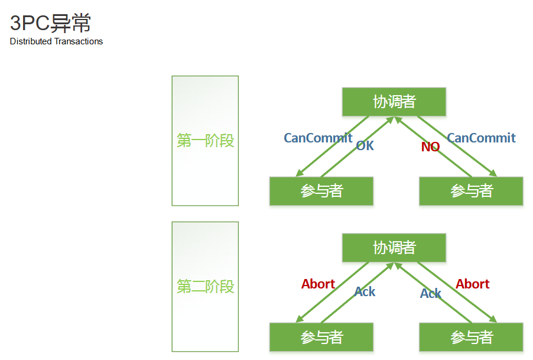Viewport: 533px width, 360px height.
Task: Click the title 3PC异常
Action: [51, 23]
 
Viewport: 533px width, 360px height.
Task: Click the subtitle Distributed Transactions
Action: [57, 41]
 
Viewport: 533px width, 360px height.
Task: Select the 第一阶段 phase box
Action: [205, 141]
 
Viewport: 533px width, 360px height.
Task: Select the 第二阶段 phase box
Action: [205, 287]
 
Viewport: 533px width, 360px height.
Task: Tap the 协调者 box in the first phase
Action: [394, 102]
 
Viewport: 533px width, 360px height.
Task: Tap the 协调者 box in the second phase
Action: [394, 248]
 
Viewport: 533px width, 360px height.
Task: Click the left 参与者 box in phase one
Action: [321, 191]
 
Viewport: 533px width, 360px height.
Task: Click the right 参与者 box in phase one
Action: [471, 191]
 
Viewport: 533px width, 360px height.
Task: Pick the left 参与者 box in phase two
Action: [321, 337]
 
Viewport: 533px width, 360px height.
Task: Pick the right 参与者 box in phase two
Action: [471, 337]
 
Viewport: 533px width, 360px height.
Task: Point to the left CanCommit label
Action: [318, 138]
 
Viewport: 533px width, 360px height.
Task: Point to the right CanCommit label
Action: [481, 138]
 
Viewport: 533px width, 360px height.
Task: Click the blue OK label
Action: [365, 145]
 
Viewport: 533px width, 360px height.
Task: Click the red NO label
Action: [430, 147]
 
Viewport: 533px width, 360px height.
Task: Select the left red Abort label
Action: [318, 284]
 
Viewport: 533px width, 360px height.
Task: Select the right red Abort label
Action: [472, 284]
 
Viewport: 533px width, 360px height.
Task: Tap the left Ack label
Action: [365, 291]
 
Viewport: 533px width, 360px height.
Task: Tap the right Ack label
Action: [431, 293]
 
